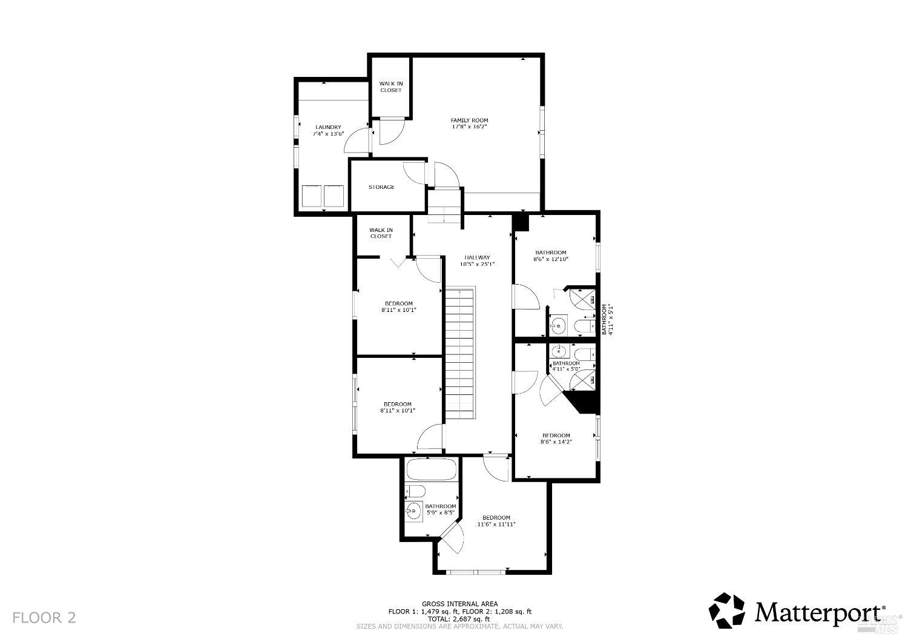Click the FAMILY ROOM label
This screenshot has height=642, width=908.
pyautogui.click(x=469, y=120)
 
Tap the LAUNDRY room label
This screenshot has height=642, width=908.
pyautogui.click(x=327, y=127)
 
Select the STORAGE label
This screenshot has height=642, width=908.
pyautogui.click(x=381, y=187)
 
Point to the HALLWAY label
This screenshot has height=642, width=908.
pyautogui.click(x=477, y=257)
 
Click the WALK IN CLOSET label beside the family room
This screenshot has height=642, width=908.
pyautogui.click(x=390, y=87)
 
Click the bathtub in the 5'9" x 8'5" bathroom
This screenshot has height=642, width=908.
pyautogui.click(x=431, y=470)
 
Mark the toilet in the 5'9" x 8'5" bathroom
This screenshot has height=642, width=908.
pyautogui.click(x=415, y=491)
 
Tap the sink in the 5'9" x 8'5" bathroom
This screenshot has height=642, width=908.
pyautogui.click(x=414, y=511)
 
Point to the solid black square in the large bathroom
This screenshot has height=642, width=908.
pyautogui.click(x=521, y=222)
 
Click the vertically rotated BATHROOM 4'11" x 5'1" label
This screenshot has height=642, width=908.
pyautogui.click(x=607, y=319)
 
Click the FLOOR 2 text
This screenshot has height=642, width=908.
pyautogui.click(x=44, y=618)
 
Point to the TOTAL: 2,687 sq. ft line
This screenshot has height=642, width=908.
pyautogui.click(x=459, y=619)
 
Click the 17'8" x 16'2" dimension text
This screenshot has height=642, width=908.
pyautogui.click(x=469, y=127)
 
